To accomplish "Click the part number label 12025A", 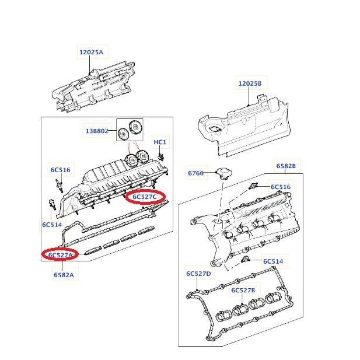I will [x=90, y=53].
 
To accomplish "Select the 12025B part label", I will [x=250, y=84].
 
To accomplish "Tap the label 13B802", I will [x=97, y=132].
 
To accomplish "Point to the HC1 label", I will [x=160, y=142].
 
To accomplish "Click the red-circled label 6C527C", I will [x=145, y=197].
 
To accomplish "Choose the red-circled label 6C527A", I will [x=61, y=255].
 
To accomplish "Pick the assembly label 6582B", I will [x=286, y=166].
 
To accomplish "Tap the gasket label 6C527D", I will [x=199, y=274].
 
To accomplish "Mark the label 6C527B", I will [x=243, y=290].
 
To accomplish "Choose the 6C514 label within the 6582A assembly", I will [x=51, y=224].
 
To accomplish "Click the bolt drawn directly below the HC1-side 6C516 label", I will [x=58, y=185].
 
